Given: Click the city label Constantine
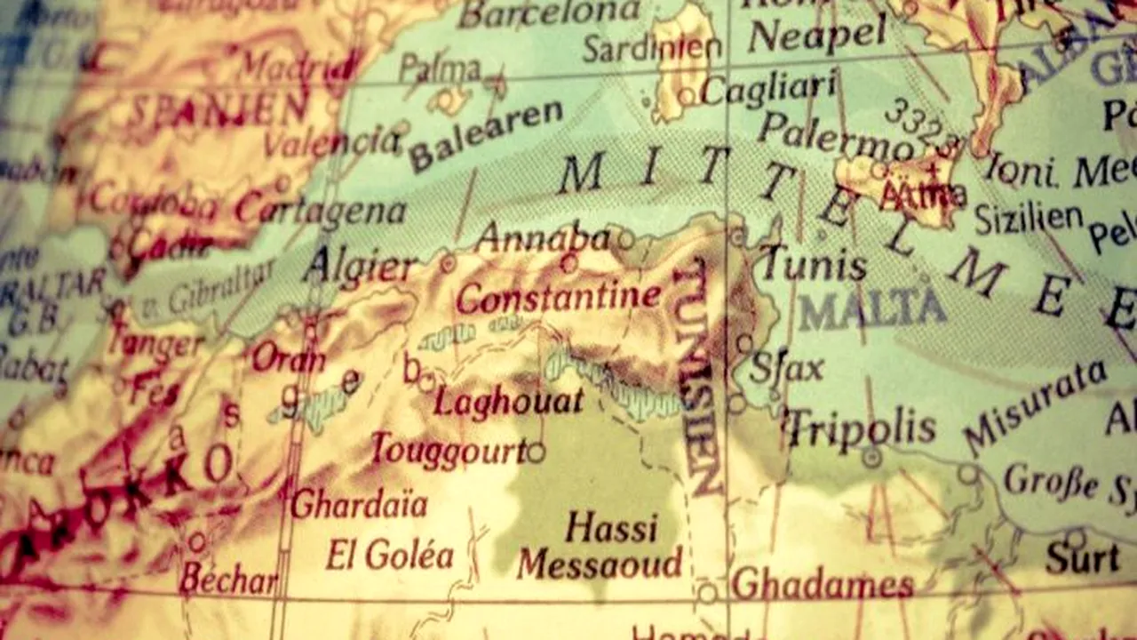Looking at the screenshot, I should coord(558,296).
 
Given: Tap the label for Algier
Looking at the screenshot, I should coord(359,266).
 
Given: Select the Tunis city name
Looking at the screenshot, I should coord(815,264).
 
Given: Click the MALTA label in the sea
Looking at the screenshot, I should coord(871,308).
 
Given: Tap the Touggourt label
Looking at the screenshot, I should coord(449,451).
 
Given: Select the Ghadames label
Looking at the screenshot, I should coord(823,584).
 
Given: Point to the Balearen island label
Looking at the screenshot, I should coord(486,136).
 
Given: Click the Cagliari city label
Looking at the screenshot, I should coord(768,88).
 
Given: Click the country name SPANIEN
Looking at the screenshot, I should coord(219,110).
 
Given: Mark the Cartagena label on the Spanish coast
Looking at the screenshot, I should coord(320,210).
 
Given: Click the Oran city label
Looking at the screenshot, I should coord(288,358).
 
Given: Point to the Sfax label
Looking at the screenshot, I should coord(786,367).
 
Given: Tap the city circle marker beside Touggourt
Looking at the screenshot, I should coord(536,452).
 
